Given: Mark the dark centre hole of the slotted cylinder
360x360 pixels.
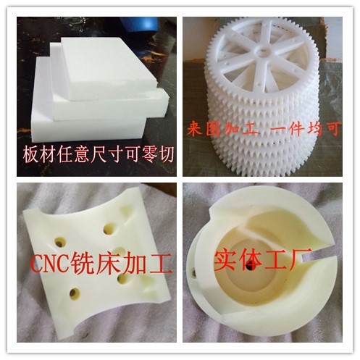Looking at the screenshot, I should [249, 264].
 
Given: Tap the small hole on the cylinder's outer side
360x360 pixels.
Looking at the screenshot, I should [193, 273].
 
